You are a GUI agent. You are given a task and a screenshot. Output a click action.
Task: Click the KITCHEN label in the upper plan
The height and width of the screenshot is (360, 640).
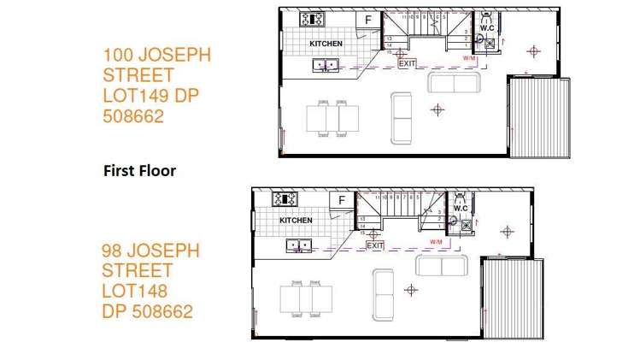click(x=326, y=43)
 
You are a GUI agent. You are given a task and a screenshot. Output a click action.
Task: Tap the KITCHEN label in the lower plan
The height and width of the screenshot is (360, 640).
click(x=296, y=221)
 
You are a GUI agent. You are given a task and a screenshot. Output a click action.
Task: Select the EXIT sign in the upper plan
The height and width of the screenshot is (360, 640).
click(x=406, y=63)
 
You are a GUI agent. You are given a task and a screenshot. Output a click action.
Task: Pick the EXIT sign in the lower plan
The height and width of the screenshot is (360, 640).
click(x=374, y=245)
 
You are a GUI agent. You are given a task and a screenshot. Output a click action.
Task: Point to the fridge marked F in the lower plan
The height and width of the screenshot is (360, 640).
click(x=341, y=201)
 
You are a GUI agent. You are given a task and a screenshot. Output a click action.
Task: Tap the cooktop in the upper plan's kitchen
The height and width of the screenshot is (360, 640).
click(x=312, y=18)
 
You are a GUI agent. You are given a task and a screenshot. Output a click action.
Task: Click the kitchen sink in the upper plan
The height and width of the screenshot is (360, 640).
click(x=326, y=63)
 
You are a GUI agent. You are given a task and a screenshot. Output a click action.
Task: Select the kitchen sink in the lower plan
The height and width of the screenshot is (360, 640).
click(x=298, y=245)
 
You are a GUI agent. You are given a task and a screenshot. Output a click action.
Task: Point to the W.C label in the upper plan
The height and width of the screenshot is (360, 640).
click(x=488, y=27)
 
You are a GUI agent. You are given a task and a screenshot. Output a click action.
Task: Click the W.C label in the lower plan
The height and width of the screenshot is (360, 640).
click(x=460, y=209)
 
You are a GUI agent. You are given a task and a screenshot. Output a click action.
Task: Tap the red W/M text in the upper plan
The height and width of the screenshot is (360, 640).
click(x=468, y=58)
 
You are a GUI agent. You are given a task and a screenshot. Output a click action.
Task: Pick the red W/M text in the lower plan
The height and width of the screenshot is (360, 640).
click(x=436, y=242)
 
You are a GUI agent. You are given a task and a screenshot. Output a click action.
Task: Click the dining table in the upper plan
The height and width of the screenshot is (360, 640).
click(x=332, y=116)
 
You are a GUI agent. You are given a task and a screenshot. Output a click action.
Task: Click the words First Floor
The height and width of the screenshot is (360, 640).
click(x=139, y=171)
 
